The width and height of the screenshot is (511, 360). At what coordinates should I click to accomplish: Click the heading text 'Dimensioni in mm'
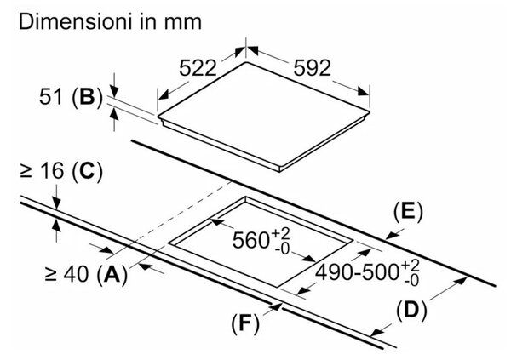[x=110, y=22]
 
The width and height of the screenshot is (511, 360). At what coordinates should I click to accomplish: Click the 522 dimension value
[x=198, y=68]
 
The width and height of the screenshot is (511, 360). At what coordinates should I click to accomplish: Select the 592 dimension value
[x=312, y=68]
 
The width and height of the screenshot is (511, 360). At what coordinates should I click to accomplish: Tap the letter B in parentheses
[x=87, y=96]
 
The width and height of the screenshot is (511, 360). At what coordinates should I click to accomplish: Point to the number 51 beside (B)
[x=50, y=96]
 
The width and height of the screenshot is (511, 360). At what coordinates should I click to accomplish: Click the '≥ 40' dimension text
[x=66, y=274]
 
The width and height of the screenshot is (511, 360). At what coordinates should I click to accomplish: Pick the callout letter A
[x=112, y=274]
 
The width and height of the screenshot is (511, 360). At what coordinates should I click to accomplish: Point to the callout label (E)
[x=408, y=212]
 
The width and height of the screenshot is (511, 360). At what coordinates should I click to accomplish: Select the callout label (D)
[x=411, y=310]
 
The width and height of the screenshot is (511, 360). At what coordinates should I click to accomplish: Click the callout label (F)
[x=245, y=324]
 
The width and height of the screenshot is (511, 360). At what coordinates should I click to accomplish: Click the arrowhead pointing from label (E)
[x=390, y=236]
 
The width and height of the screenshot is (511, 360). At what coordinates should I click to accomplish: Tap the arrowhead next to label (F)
[x=276, y=306]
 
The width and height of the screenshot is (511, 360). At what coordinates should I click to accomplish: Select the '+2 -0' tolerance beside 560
[x=280, y=241]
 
